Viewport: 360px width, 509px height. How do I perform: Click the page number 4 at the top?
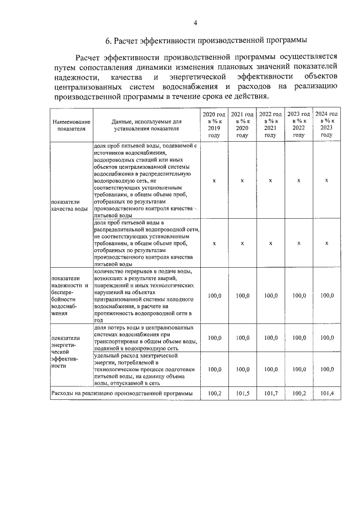(195, 23)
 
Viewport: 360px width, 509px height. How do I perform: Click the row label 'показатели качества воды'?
(69, 204)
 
